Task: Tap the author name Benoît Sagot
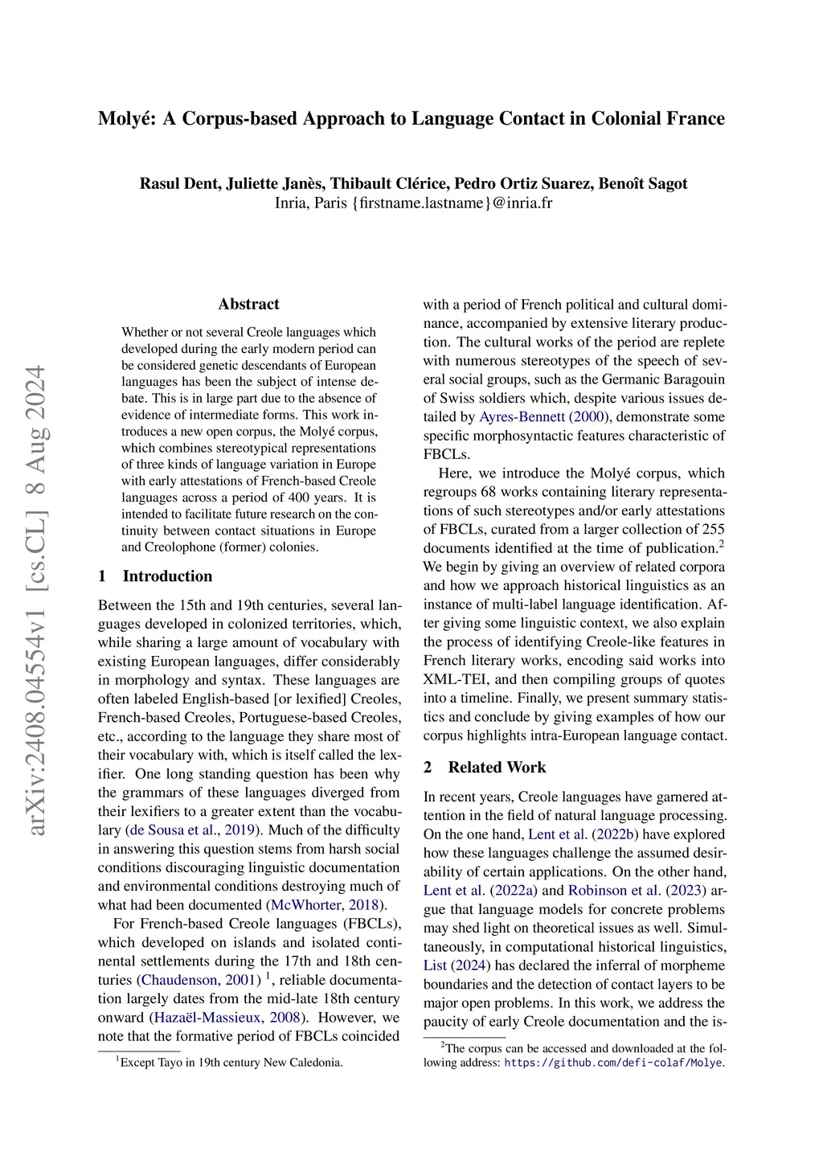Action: (643, 183)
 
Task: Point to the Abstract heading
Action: (248, 304)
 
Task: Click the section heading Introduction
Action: (167, 576)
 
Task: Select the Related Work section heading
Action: (497, 767)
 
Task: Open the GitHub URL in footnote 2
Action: (613, 1063)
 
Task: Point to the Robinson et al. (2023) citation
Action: (637, 891)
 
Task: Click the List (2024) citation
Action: (456, 965)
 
